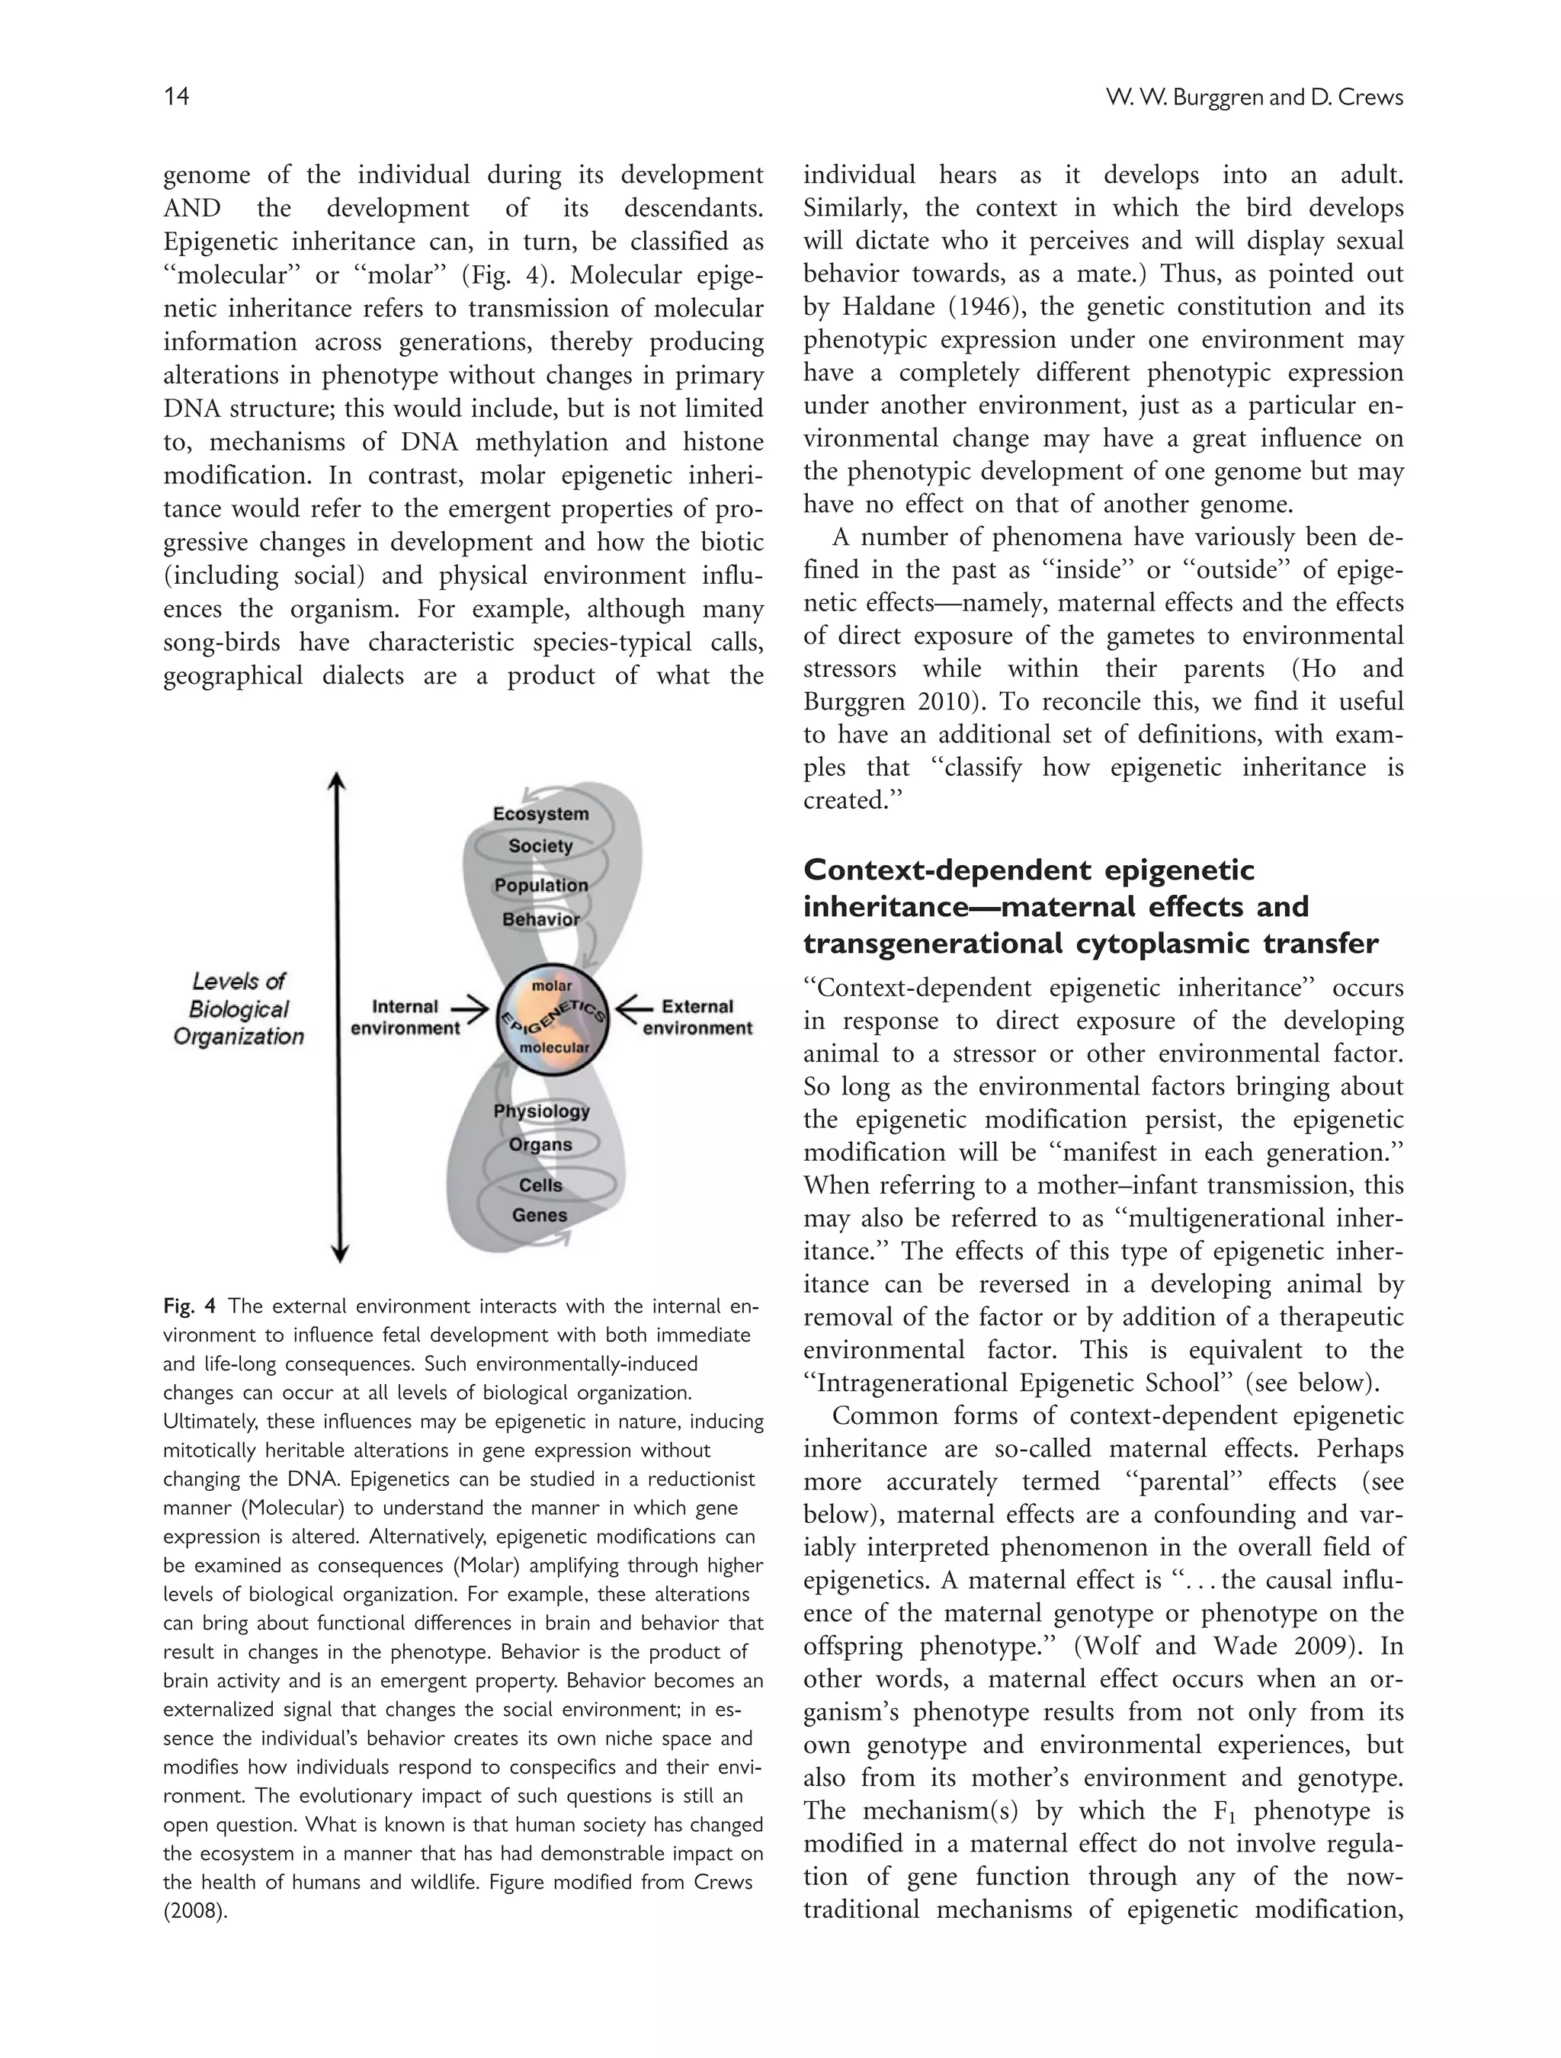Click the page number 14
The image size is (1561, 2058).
(177, 97)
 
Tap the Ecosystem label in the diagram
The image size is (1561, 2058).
(540, 814)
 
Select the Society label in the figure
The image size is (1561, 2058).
(540, 847)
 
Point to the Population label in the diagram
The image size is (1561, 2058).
(540, 886)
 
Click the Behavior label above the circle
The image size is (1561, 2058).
(540, 920)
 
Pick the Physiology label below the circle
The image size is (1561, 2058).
(541, 1111)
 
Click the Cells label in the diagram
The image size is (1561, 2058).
(540, 1185)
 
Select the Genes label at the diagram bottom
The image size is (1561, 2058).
(540, 1215)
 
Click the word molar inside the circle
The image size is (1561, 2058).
(552, 986)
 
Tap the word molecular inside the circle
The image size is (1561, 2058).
(554, 1047)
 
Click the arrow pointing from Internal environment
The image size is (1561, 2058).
(470, 1008)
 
